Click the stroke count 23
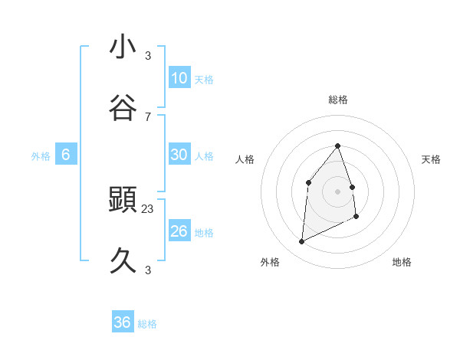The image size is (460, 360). pyautogui.click(x=148, y=208)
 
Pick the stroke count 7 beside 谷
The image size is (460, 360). pyautogui.click(x=148, y=116)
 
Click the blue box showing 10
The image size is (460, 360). pyautogui.click(x=179, y=78)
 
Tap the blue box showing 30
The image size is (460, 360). pyautogui.click(x=179, y=155)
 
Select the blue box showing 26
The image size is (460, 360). pyautogui.click(x=179, y=231)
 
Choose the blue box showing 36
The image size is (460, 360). pyautogui.click(x=123, y=322)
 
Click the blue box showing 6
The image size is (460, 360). pyautogui.click(x=66, y=155)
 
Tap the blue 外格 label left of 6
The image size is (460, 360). pyautogui.click(x=41, y=155)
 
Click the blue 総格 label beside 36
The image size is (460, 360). pyautogui.click(x=147, y=324)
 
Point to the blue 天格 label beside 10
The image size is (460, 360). pyautogui.click(x=204, y=79)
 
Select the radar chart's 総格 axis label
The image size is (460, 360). pyautogui.click(x=338, y=100)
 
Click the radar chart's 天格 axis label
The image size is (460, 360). pyautogui.click(x=432, y=159)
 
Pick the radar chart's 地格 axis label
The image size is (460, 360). pyautogui.click(x=402, y=262)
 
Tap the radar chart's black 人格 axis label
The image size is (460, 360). pyautogui.click(x=245, y=159)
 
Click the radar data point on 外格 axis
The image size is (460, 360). pyautogui.click(x=301, y=242)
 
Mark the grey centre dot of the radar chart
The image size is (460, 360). pyautogui.click(x=338, y=191)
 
